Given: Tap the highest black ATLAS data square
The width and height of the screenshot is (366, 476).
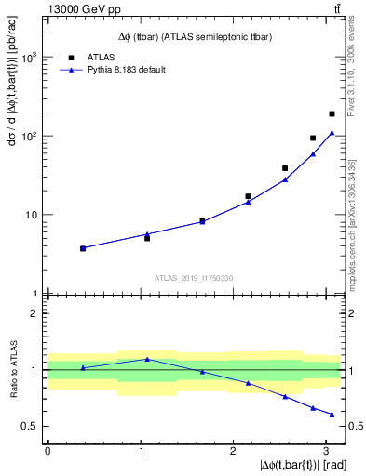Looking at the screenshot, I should [x=332, y=113].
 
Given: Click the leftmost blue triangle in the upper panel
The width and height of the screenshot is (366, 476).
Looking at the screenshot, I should [x=83, y=248].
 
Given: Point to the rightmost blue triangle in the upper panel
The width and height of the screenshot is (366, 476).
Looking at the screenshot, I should [x=332, y=132].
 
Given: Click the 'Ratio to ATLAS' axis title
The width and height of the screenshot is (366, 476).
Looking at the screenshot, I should [x=12, y=370].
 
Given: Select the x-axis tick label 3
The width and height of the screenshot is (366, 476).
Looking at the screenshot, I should [x=327, y=451].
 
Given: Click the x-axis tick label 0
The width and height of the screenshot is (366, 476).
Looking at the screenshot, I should [x=47, y=451].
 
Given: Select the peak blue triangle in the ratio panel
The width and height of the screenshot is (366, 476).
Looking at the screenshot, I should [x=147, y=359].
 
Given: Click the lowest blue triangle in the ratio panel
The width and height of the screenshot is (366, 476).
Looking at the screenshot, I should [x=332, y=415].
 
